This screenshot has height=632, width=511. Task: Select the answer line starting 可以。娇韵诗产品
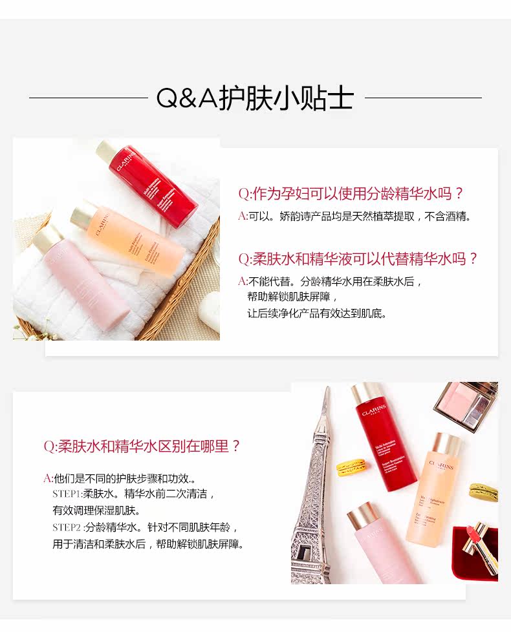[355, 216]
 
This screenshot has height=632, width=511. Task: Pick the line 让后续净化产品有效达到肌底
[317, 314]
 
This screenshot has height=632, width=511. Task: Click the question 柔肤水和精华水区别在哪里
[142, 446]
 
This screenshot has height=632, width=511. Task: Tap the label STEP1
[67, 494]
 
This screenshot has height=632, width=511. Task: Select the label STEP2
[67, 527]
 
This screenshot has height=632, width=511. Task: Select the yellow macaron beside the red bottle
[350, 467]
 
